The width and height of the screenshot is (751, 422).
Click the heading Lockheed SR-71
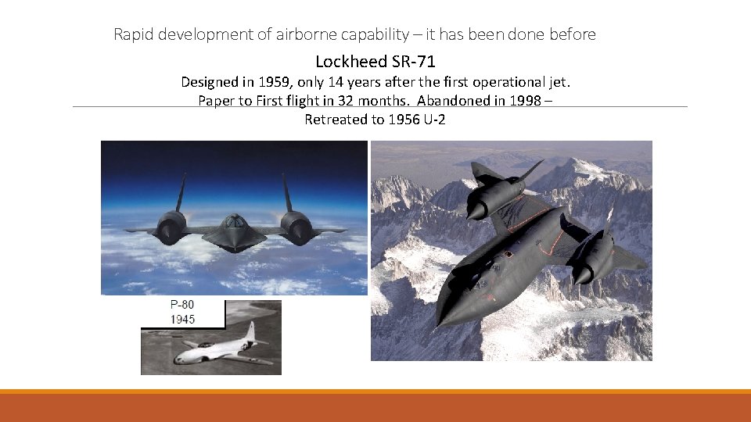pos(375,61)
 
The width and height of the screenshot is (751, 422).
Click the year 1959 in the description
pos(261,82)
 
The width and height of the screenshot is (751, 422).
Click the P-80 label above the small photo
pos(182,306)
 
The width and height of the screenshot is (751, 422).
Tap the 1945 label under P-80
pos(182,319)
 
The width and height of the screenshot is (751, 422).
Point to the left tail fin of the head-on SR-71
pos(181,191)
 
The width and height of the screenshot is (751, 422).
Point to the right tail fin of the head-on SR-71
pos(286,191)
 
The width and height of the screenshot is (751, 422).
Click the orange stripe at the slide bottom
pos(375,392)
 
